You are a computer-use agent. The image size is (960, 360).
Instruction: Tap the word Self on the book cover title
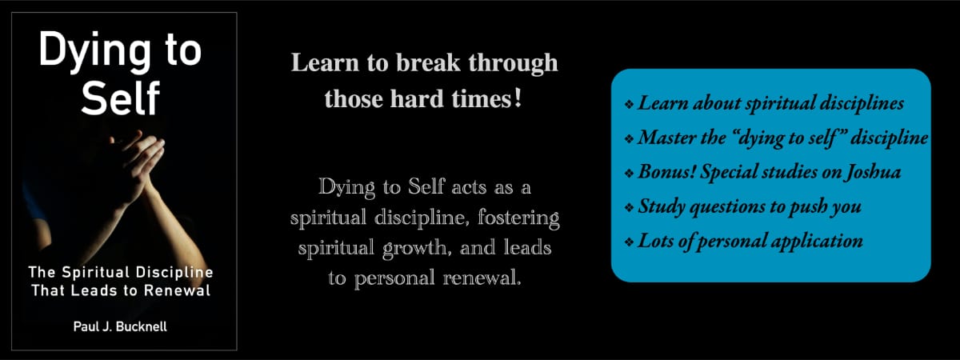(x=121, y=98)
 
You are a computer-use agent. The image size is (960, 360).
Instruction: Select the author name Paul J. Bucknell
(x=121, y=327)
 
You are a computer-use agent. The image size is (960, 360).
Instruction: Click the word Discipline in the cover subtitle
(x=174, y=273)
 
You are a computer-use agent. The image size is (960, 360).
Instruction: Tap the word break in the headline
(x=428, y=62)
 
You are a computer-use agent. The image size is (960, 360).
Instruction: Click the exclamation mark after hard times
(x=518, y=99)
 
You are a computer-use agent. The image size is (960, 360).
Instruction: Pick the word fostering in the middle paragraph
(x=518, y=218)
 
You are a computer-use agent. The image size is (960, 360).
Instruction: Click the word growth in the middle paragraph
(x=414, y=249)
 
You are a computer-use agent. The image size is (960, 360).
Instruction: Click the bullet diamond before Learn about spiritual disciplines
(x=629, y=104)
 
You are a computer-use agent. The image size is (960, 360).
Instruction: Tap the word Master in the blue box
(x=666, y=138)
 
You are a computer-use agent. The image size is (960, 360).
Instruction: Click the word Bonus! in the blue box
(x=666, y=172)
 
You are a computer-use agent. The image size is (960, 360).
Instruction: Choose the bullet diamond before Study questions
(x=629, y=207)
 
